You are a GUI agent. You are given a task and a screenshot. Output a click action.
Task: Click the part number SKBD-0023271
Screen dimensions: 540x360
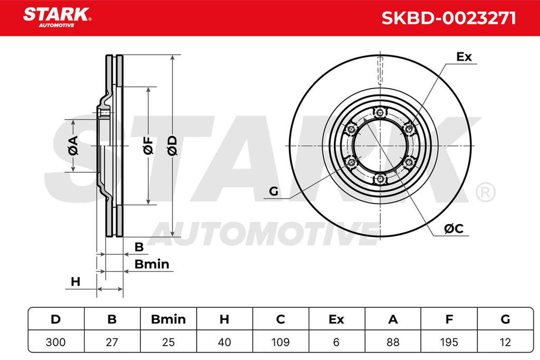tap(449, 18)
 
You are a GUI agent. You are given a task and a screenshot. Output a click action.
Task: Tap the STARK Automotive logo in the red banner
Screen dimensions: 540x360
tap(57, 17)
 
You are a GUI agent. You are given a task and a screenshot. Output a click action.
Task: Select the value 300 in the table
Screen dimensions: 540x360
tap(56, 342)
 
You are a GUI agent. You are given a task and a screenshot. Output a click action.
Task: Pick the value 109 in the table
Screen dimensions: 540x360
tap(281, 342)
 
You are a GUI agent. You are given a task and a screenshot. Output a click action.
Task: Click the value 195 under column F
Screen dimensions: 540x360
tap(449, 342)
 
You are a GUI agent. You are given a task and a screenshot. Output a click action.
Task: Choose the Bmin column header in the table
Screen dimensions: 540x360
tap(168, 319)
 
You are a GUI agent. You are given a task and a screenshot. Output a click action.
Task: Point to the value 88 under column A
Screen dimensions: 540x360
tap(393, 342)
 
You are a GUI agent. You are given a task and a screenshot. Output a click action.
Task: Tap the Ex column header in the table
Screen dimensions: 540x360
tap(336, 319)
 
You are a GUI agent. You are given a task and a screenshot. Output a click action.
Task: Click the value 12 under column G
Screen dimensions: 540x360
tap(505, 342)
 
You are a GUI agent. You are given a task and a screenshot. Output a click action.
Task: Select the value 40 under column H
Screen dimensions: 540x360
tap(224, 342)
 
